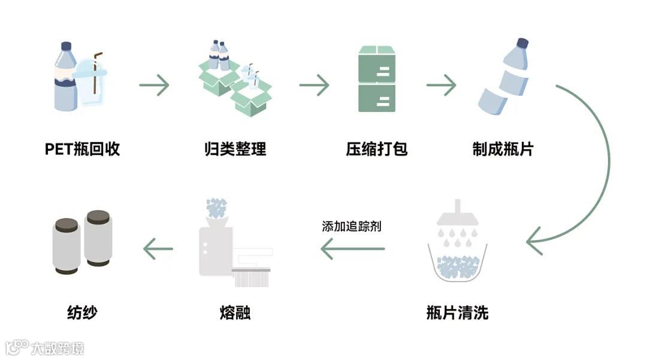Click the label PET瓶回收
pyautogui.click(x=83, y=149)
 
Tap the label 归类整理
pyautogui.click(x=235, y=149)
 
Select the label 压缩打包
pyautogui.click(x=377, y=149)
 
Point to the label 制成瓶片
pyautogui.click(x=503, y=149)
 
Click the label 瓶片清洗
pyautogui.click(x=457, y=312)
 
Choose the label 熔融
pyautogui.click(x=235, y=312)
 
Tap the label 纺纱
pyautogui.click(x=81, y=312)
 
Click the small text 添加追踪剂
pyautogui.click(x=351, y=226)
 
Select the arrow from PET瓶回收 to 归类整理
pyautogui.click(x=154, y=85)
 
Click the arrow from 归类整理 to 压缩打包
pyautogui.click(x=314, y=85)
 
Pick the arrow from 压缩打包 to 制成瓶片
pyautogui.click(x=442, y=85)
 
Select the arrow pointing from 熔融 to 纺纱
pyautogui.click(x=158, y=248)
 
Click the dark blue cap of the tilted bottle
pyautogui.click(x=522, y=44)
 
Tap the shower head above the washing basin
pyautogui.click(x=457, y=214)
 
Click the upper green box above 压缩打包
pyautogui.click(x=377, y=64)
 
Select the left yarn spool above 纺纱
pyautogui.click(x=65, y=246)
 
